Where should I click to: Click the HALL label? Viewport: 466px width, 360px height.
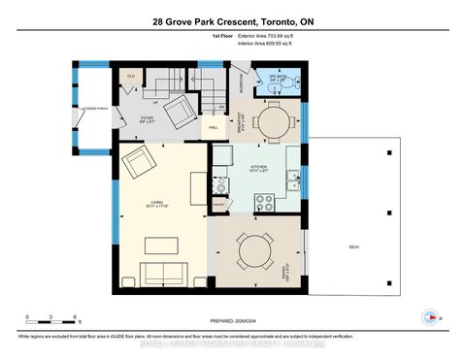click(x=214, y=125)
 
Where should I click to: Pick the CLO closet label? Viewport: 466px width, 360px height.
click(x=130, y=75)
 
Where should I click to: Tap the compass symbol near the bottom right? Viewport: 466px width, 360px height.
click(x=428, y=315)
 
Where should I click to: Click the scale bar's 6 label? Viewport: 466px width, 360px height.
click(x=75, y=317)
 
